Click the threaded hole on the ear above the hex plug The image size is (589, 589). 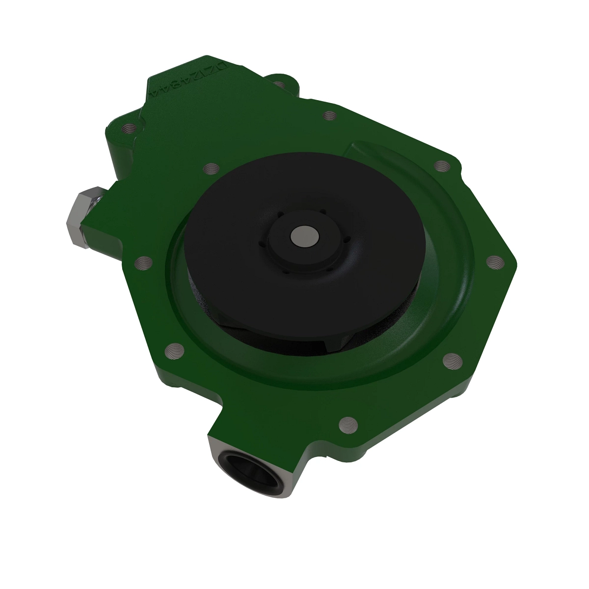tap(130, 129)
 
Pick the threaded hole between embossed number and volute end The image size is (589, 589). tap(329, 116)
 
